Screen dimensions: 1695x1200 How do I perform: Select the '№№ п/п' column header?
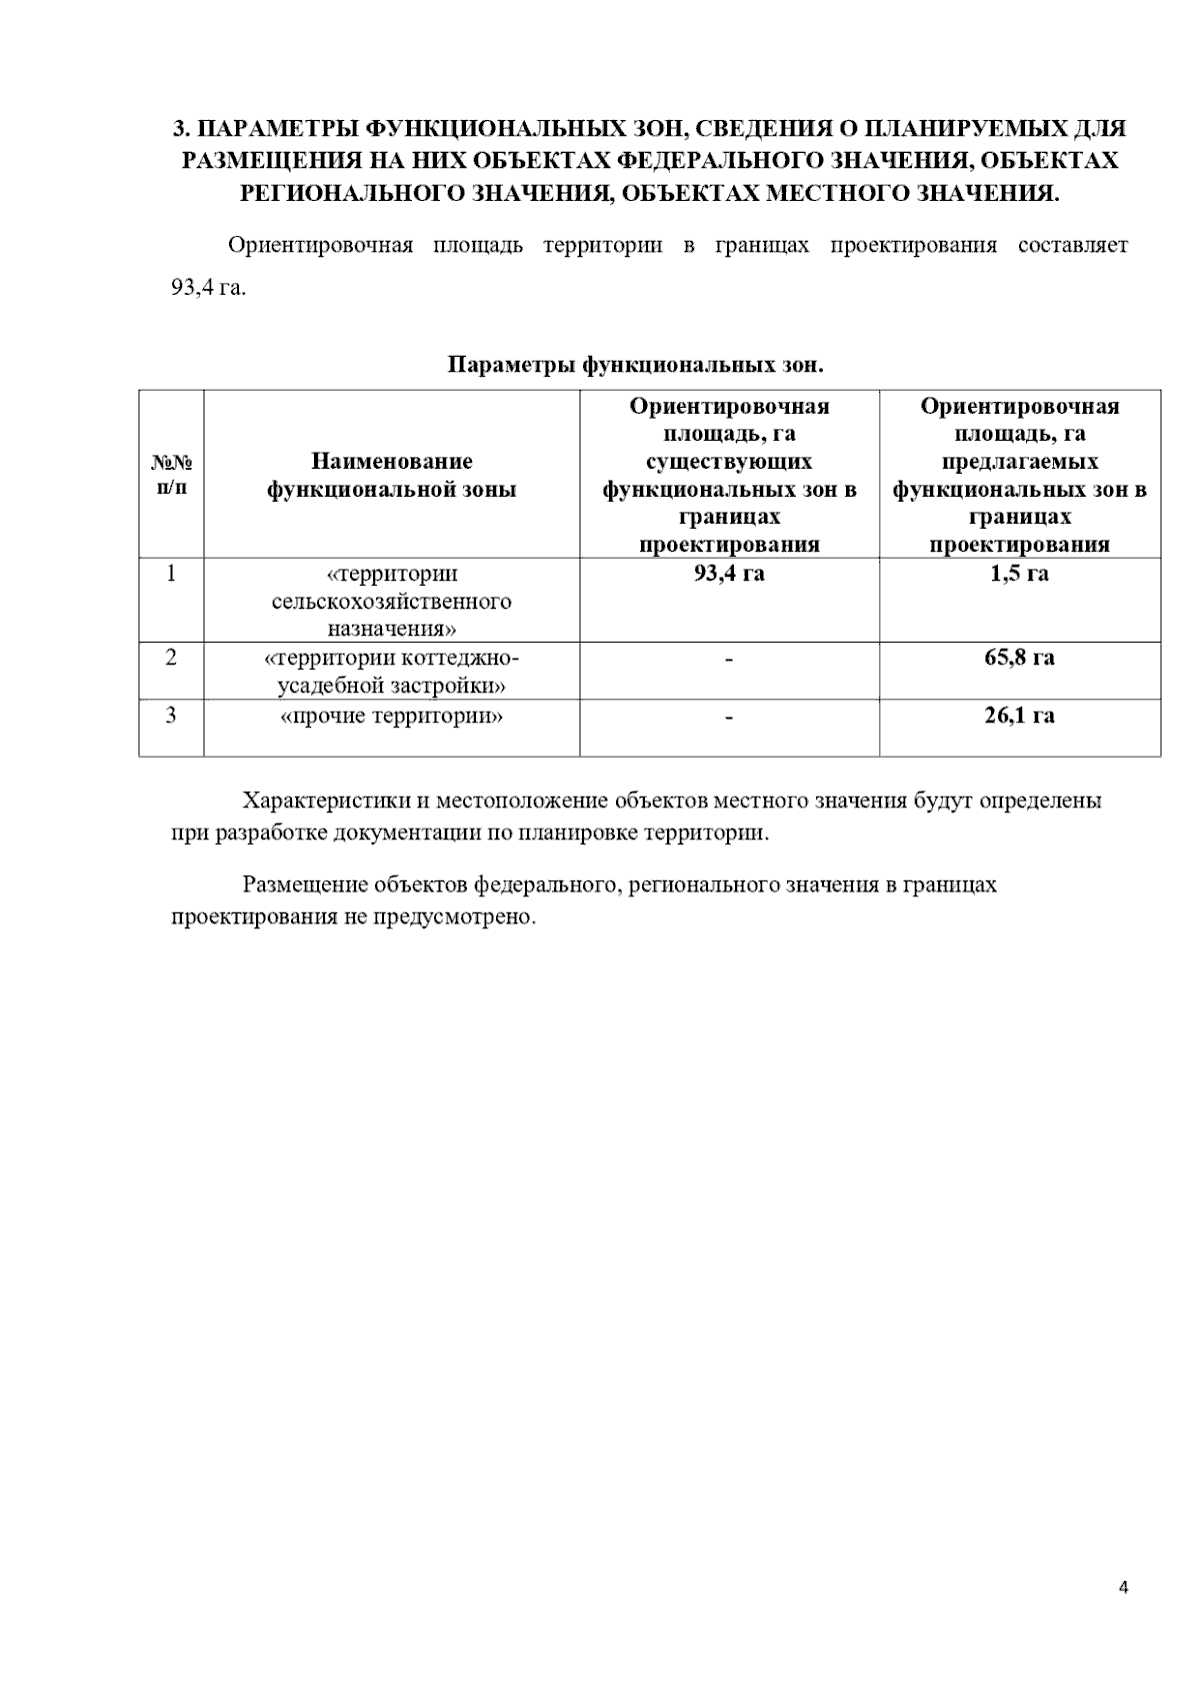tap(172, 475)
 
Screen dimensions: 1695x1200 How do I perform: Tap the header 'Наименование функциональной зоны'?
tap(391, 475)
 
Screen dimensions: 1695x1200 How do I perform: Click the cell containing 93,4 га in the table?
tap(729, 574)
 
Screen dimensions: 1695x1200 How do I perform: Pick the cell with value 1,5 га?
tap(1019, 574)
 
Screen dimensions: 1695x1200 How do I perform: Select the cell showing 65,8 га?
tap(1019, 658)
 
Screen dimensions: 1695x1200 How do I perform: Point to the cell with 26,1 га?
tap(1019, 716)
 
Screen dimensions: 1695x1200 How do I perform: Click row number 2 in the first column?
tap(172, 658)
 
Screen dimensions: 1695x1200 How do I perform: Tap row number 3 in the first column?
tap(172, 716)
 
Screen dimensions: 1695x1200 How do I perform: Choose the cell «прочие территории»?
tap(391, 717)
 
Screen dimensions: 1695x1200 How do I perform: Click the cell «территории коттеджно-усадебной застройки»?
tap(391, 672)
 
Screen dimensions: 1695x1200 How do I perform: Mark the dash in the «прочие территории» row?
tap(729, 718)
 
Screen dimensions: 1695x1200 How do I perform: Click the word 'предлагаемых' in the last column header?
tap(1019, 462)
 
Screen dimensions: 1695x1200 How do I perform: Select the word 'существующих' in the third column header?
tap(729, 462)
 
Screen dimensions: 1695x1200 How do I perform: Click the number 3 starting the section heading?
tap(179, 129)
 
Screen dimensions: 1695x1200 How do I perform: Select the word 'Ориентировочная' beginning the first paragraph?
tap(320, 246)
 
